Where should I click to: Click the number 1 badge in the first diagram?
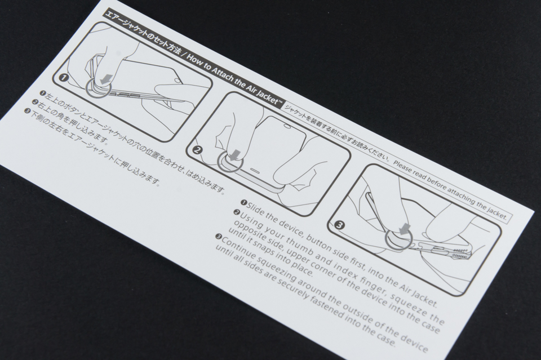pyautogui.click(x=64, y=78)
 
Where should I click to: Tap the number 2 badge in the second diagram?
pyautogui.click(x=197, y=150)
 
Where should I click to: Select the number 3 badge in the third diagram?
pyautogui.click(x=339, y=226)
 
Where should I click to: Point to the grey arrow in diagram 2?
pyautogui.click(x=236, y=154)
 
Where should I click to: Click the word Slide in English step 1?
pyautogui.click(x=256, y=208)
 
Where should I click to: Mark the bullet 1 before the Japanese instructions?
pyautogui.click(x=42, y=93)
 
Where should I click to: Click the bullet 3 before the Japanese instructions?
pyautogui.click(x=27, y=110)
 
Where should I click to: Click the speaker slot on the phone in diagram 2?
pyautogui.click(x=256, y=170)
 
